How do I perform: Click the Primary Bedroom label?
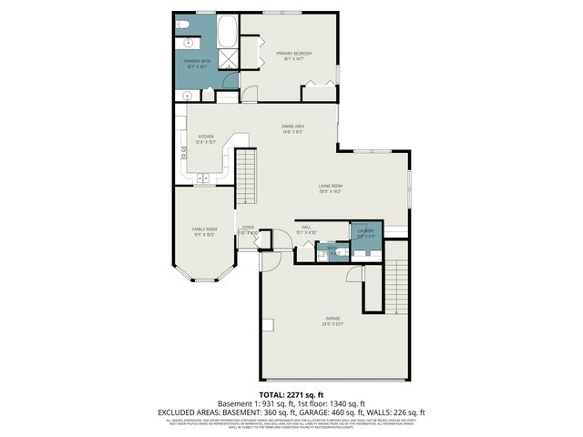[x=293, y=54]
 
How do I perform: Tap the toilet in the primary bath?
[x=182, y=25]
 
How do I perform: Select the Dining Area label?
[x=292, y=126]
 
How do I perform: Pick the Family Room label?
[x=204, y=229]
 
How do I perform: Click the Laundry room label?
[x=364, y=231]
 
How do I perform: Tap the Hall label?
[x=307, y=228]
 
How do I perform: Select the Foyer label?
[x=248, y=228]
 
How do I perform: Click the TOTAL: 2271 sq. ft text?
[x=291, y=394]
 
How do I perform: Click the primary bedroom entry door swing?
[x=249, y=93]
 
